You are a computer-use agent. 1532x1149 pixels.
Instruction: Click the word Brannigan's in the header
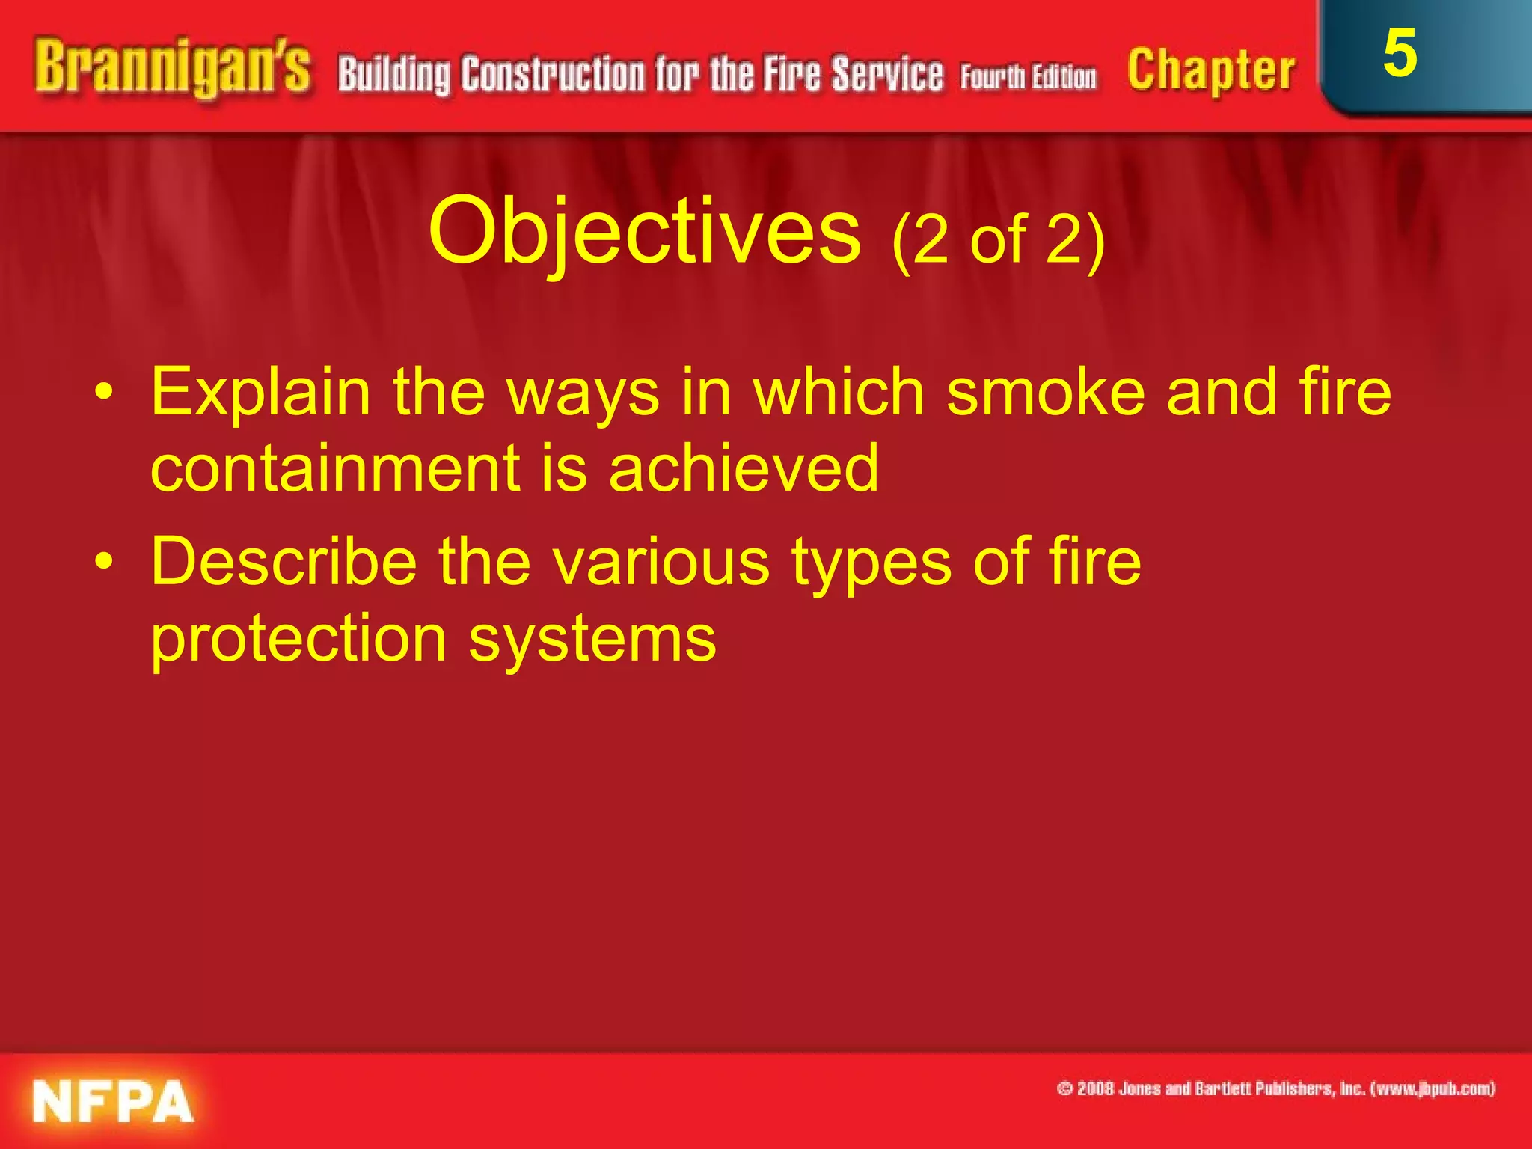coord(171,69)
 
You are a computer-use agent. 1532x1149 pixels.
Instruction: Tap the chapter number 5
coord(1400,54)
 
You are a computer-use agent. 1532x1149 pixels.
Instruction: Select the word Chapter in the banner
coord(1211,71)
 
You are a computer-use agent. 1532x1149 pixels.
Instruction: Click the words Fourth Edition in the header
coord(1029,77)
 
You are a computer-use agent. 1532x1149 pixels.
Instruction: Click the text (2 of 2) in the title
coord(998,239)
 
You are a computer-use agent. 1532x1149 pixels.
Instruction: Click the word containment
coord(335,468)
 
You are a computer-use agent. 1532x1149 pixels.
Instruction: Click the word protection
coord(298,639)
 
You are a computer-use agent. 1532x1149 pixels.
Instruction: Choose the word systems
coord(592,640)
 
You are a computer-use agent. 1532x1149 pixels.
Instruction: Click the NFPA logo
coord(113,1102)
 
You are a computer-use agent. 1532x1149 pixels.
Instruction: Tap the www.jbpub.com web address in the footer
coord(1432,1088)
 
